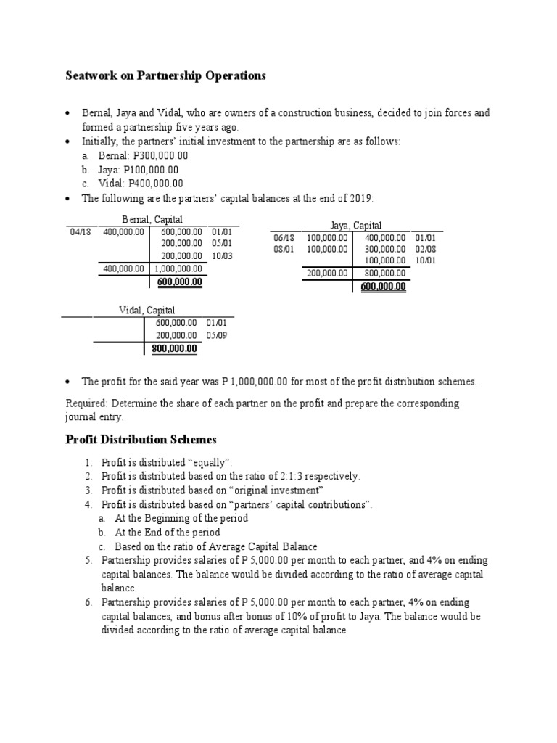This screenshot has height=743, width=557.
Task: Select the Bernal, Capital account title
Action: [x=152, y=219]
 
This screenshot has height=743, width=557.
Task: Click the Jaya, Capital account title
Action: [x=355, y=226]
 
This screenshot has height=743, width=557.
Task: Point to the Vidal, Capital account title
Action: [x=147, y=311]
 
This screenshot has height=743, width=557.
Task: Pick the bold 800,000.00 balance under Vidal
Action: [x=174, y=348]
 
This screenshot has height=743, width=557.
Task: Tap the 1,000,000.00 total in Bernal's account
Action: [x=178, y=268]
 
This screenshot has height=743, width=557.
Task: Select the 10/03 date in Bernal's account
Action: [x=222, y=255]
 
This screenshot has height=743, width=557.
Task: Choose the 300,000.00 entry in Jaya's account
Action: [x=384, y=249]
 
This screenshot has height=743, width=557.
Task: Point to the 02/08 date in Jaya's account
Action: [x=425, y=249]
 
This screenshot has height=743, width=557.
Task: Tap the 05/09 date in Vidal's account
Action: [x=216, y=335]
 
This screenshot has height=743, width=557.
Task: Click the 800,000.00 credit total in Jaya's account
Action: [x=384, y=274]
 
